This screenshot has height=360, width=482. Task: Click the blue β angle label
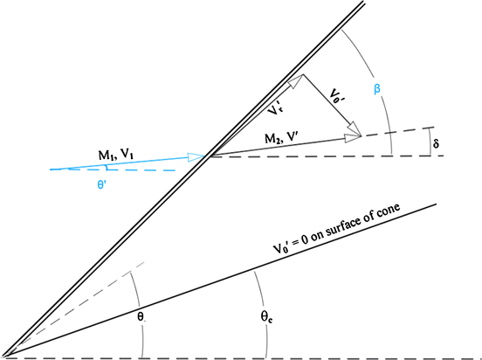377,89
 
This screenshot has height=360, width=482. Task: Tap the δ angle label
436,143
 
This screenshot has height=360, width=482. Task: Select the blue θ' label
100,185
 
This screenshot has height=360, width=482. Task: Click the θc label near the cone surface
267,317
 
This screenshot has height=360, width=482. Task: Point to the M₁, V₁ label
115,155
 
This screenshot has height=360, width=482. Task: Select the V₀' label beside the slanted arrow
336,95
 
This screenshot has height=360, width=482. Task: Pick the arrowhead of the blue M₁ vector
196,157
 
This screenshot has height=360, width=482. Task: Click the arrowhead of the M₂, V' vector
353,137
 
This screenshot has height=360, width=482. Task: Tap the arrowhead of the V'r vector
296,81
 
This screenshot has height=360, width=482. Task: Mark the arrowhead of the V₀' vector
355,129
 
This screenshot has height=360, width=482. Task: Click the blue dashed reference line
113,170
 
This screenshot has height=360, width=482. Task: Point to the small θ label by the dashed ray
141,317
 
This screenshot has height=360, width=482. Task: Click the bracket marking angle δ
430,142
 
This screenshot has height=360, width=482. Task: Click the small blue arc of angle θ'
107,168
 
